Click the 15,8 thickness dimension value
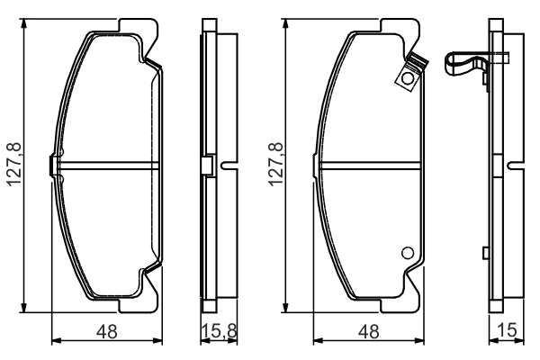coord(219,331)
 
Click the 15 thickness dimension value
coord(508,330)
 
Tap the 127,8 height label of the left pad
coord(14,165)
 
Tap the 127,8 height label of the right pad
coord(276,165)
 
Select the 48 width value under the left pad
coord(107,332)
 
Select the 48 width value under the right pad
coord(368,332)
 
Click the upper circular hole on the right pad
coord(408,79)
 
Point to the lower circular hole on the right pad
coord(408,253)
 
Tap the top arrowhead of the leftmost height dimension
coord(23,23)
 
